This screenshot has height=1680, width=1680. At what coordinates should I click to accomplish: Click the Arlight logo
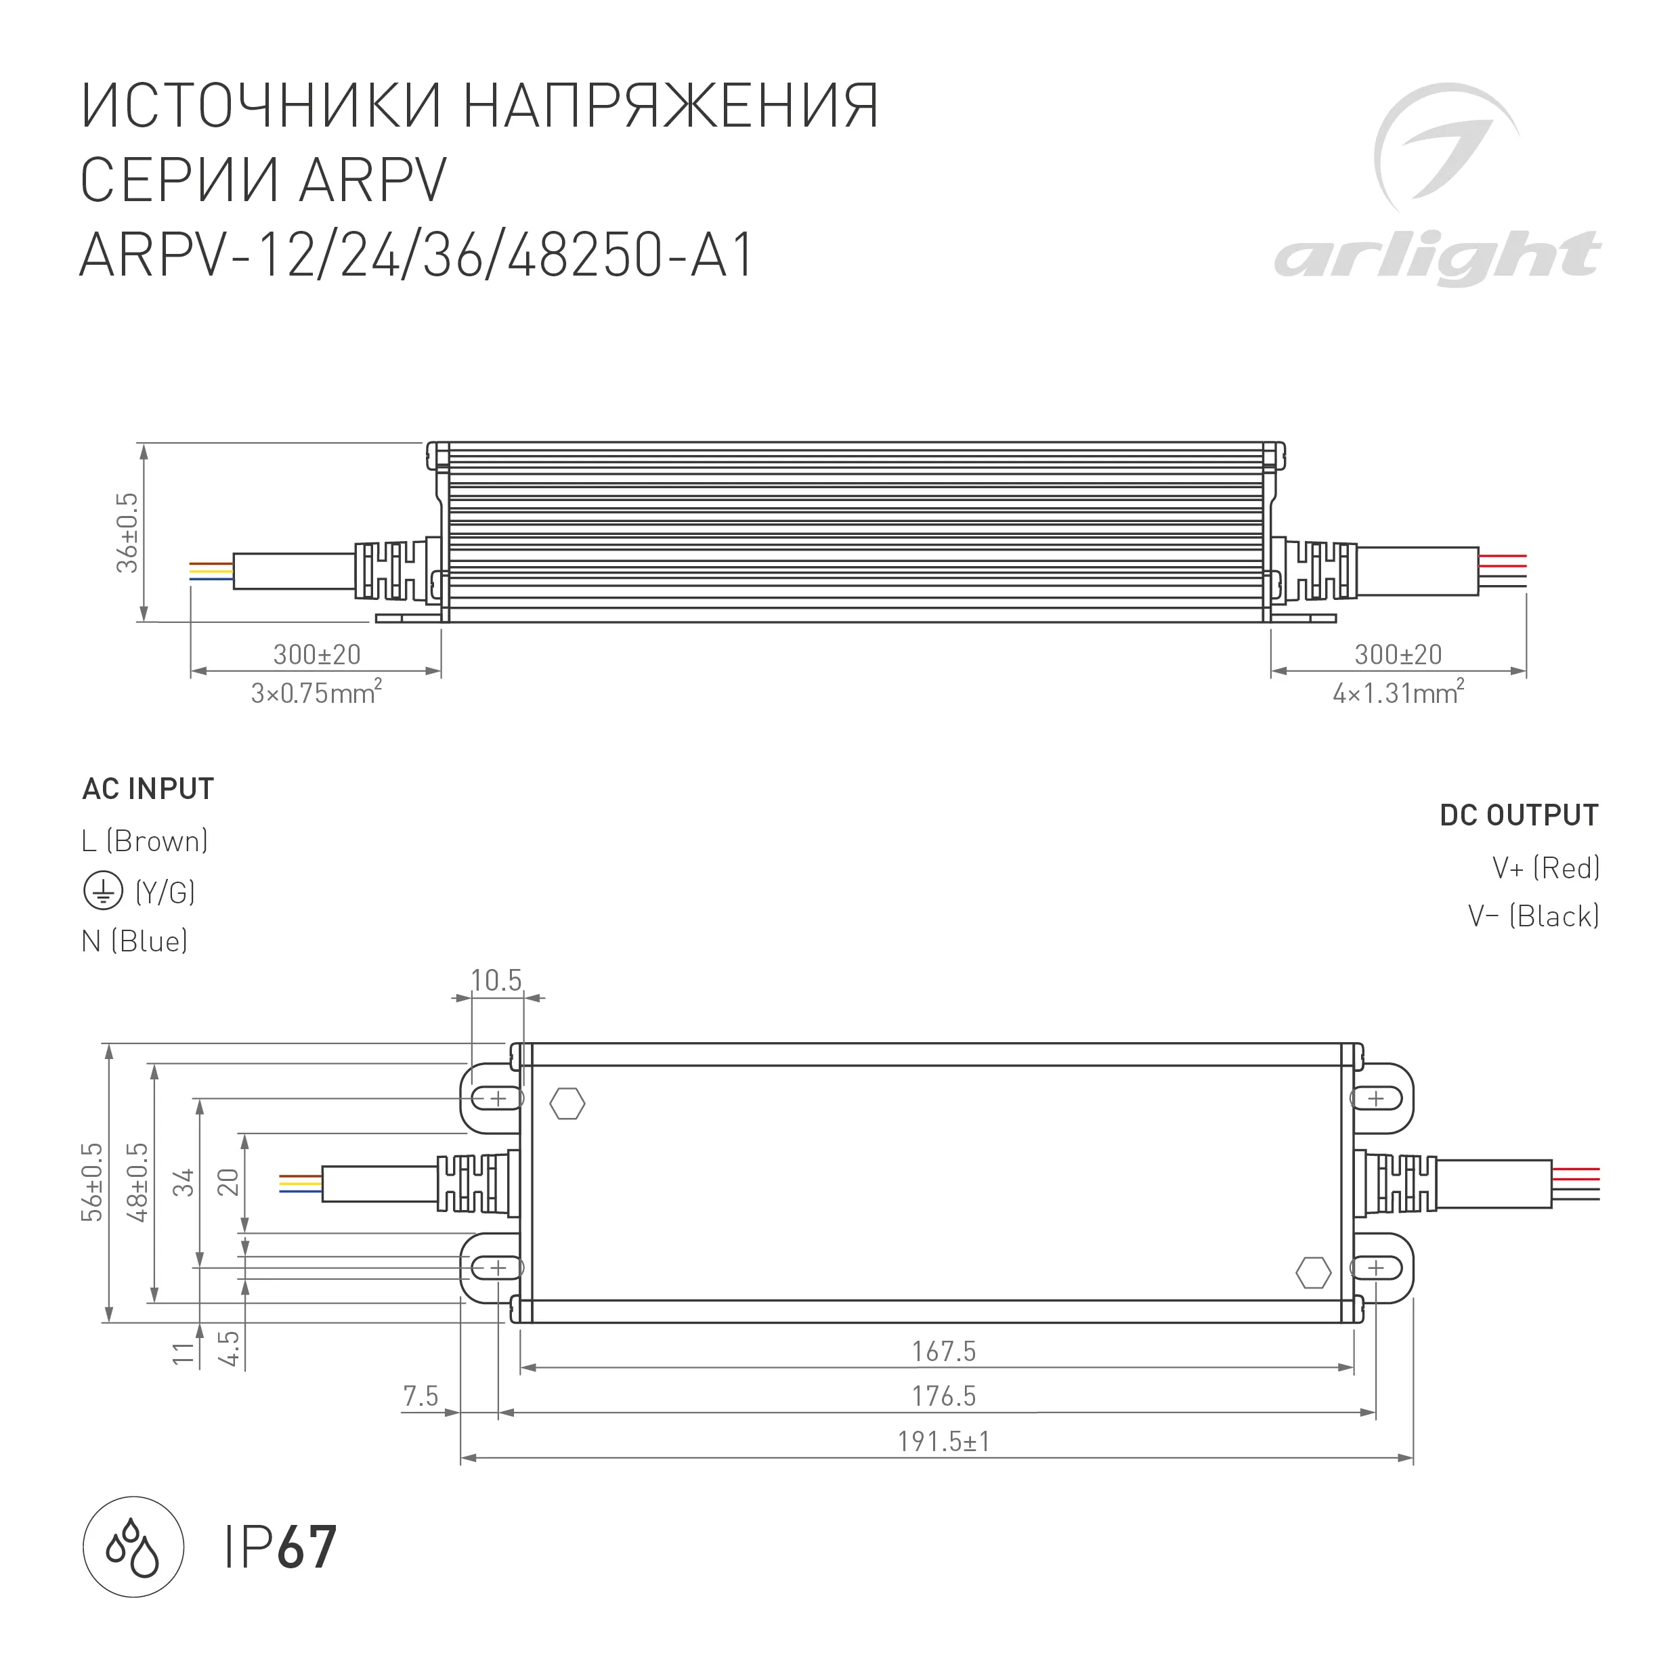(1439, 187)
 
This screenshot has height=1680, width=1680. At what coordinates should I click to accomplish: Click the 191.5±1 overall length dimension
(943, 1442)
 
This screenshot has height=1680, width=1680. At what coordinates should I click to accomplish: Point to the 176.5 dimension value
(943, 1396)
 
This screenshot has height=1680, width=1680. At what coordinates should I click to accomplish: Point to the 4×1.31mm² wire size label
(1398, 693)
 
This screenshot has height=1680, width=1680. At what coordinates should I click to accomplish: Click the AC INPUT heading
(148, 789)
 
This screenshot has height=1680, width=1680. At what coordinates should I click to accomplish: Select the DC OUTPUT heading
(1519, 815)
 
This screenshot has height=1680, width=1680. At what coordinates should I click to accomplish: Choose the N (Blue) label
(135, 941)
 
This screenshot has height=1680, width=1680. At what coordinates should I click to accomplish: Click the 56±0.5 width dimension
(92, 1182)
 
